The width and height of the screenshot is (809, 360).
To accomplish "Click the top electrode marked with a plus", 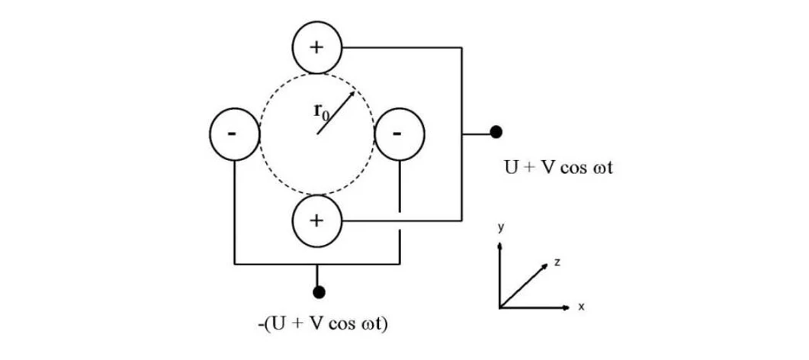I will pos(316,47).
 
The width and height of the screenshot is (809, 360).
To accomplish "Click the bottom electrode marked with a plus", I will pos(316,220).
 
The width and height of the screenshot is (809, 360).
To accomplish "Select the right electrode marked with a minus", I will pos(399,133).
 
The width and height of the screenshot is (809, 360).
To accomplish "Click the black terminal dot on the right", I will pos(496,133).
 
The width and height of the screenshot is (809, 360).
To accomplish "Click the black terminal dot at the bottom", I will pos(319,291).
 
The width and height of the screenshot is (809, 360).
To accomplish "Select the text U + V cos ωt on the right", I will pos(559,167).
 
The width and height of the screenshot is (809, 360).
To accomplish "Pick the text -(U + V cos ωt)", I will pos(324,323).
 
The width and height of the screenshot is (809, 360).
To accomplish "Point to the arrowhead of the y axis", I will pos(499,245).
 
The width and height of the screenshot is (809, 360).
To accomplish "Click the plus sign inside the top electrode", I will pos(316,47).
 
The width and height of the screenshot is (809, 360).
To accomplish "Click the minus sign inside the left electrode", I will pos(232,133).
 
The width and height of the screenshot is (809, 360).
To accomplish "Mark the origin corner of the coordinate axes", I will pos(500,307).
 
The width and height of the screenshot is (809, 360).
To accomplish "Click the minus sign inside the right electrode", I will pos(398,133).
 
